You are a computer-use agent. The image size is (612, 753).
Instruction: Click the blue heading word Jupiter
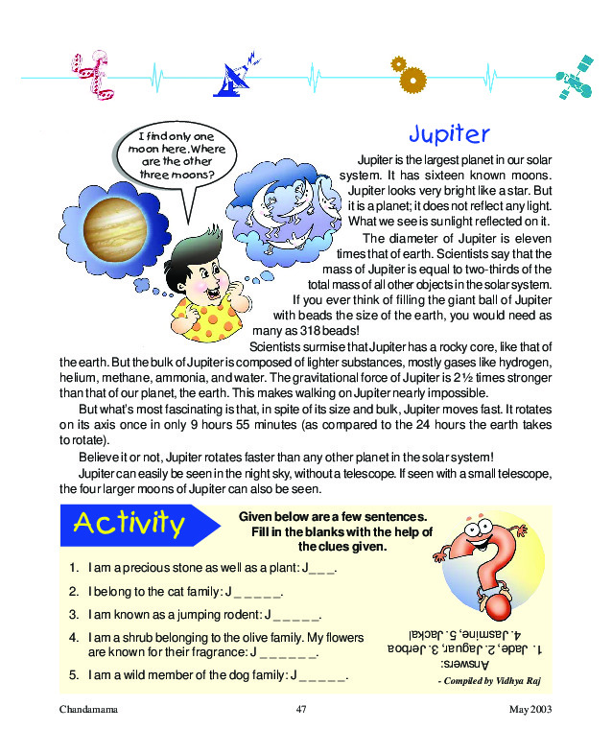449,133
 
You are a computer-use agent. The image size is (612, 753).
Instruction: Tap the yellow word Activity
129,524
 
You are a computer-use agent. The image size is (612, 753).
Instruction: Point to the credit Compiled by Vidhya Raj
490,680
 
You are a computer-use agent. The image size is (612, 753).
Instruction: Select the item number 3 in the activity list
74,614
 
